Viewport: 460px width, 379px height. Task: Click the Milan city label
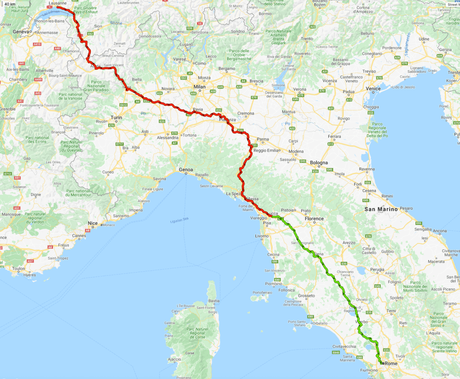click(x=199, y=87)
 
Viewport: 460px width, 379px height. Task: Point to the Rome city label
click(x=392, y=363)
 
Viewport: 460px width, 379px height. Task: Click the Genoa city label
click(x=186, y=169)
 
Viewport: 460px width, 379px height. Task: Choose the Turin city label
click(x=116, y=117)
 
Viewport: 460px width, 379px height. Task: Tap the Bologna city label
click(x=319, y=163)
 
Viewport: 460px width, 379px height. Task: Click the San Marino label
click(x=381, y=209)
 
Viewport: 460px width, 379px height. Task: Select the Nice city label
click(x=93, y=223)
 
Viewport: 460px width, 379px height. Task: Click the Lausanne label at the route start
click(x=57, y=3)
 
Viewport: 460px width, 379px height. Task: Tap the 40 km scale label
click(x=10, y=4)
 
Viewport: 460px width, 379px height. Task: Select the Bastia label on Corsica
click(x=214, y=300)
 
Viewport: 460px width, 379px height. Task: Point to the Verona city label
click(x=299, y=89)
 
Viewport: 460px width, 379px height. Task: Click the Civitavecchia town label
click(x=344, y=346)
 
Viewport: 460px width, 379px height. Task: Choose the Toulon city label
click(x=19, y=269)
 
